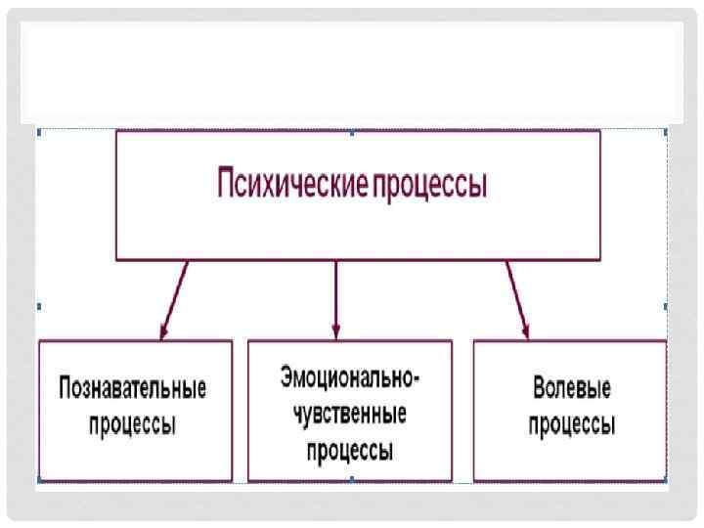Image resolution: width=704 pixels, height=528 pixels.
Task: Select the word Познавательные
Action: (133, 388)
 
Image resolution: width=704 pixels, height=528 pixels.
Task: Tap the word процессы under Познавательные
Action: (133, 425)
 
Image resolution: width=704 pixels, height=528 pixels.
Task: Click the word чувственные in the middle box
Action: (349, 414)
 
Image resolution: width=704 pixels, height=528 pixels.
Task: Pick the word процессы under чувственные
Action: (349, 451)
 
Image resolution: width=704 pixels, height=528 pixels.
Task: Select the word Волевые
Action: (572, 388)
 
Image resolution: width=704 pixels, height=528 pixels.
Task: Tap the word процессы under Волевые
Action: (572, 425)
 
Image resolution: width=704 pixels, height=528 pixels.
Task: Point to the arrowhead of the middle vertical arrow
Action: (335, 330)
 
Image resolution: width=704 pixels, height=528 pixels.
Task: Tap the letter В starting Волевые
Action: (539, 388)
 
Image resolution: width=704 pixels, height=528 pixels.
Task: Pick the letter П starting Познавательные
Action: (66, 388)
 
